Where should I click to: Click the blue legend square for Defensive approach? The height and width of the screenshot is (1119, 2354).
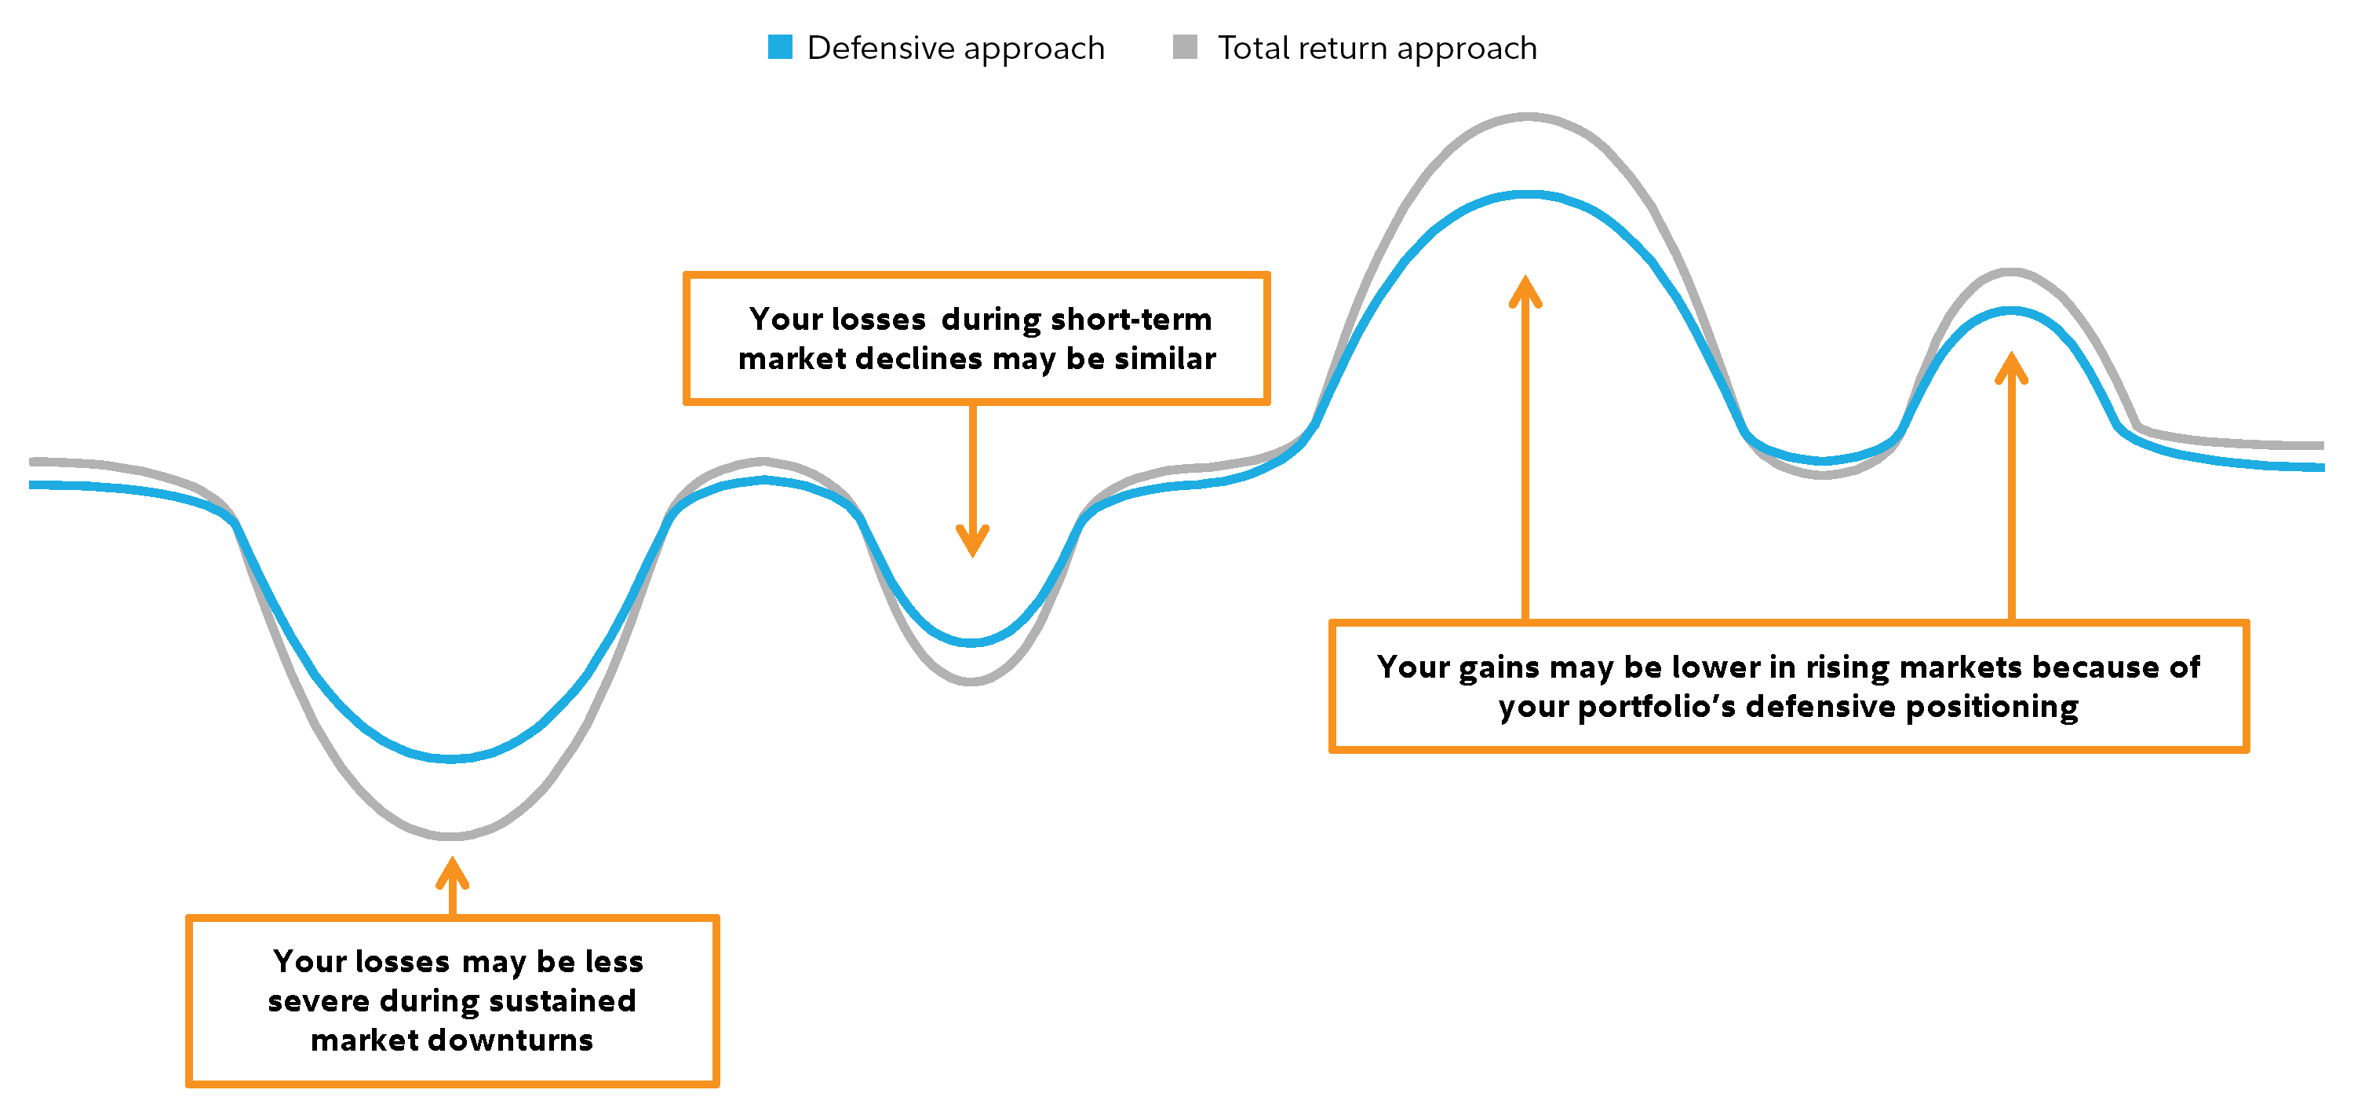coord(779,46)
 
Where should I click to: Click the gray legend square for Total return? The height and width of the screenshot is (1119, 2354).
coord(1184,46)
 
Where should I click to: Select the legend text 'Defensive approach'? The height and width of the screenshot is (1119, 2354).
coord(955,49)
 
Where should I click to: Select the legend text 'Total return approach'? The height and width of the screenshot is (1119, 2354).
coord(1376,49)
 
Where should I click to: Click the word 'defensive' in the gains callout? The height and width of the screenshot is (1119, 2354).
coord(1820,706)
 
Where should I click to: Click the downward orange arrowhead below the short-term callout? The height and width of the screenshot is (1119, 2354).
coord(972,540)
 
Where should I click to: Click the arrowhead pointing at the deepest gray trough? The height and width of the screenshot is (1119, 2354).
coord(452,872)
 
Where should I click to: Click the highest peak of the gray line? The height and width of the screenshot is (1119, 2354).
coord(1528,117)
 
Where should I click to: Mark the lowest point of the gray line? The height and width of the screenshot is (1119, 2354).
coord(450,836)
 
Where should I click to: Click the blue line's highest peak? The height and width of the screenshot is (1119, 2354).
coord(1528,195)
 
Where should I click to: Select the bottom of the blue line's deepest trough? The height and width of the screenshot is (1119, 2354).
coord(450,758)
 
